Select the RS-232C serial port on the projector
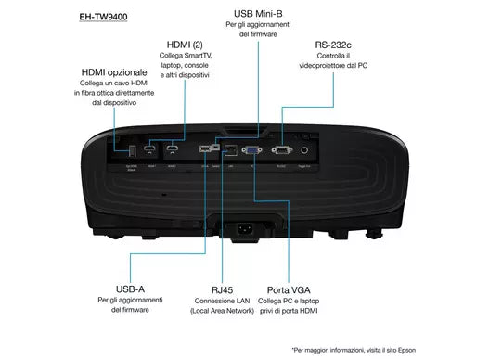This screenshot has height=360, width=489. (284, 148)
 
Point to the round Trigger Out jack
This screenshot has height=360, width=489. (317, 147)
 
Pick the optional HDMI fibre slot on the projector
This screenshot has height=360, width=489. (129, 148)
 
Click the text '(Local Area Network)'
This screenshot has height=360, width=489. (223, 311)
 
